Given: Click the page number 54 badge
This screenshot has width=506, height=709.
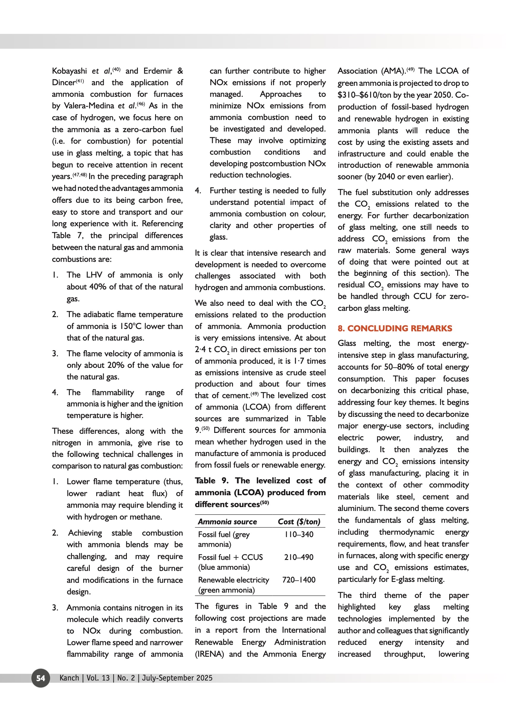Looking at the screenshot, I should click(x=40, y=678).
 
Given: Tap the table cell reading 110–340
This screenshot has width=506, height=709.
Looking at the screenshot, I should click(x=299, y=534).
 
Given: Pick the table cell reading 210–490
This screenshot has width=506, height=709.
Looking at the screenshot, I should click(x=299, y=557).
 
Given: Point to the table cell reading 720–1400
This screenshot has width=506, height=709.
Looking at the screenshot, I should click(x=299, y=580).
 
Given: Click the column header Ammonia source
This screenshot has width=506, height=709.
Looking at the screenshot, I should click(x=228, y=522).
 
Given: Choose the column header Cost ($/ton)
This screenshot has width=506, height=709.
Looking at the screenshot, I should click(x=299, y=522).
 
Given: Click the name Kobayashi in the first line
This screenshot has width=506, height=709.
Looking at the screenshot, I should click(x=69, y=71).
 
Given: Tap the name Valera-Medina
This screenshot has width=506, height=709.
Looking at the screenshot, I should click(x=89, y=106).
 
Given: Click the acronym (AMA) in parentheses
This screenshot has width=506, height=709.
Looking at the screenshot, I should click(x=393, y=71).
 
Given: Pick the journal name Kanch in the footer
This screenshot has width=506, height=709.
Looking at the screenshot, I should click(x=69, y=678).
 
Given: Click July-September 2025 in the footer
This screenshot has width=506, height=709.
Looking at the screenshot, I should click(x=177, y=678).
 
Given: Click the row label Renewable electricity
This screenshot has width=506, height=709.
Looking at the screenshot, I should click(x=233, y=580).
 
